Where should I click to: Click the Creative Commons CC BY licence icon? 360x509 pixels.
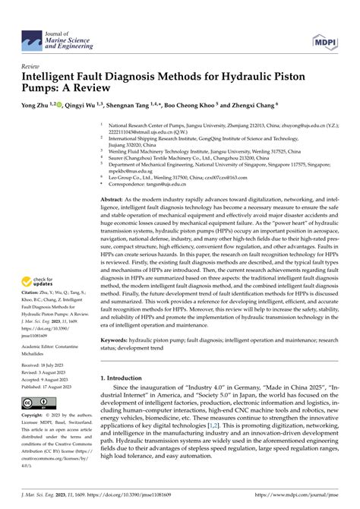pyautogui.click(x=36, y=403)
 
